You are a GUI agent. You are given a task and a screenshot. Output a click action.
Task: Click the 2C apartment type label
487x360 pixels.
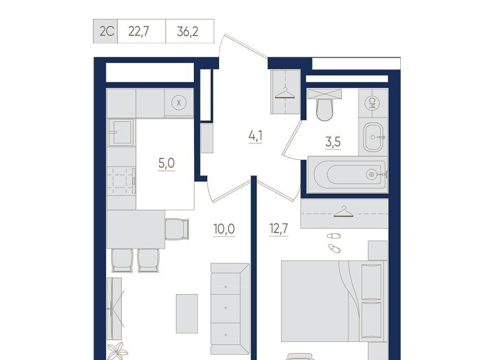[107, 31]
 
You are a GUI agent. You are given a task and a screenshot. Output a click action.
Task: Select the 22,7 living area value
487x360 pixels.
[138, 31]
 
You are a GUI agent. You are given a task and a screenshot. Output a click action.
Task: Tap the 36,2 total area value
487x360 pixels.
[188, 31]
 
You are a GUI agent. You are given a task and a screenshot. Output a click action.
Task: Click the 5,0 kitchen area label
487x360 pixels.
[166, 163]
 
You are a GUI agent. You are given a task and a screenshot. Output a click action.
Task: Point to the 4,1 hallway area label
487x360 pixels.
[255, 136]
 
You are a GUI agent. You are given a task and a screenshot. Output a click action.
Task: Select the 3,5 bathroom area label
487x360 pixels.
[333, 142]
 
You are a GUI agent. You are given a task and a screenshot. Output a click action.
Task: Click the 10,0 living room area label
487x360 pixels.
[224, 229]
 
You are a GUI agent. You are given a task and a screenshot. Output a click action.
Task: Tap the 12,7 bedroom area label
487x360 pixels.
[279, 229]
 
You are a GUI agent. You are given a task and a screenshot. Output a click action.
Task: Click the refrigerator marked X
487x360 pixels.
[179, 103]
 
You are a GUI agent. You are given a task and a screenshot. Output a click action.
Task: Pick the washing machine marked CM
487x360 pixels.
[373, 103]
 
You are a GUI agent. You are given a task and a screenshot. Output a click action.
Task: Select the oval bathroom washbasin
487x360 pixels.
[373, 137]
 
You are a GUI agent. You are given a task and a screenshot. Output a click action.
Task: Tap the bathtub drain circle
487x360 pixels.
[371, 174]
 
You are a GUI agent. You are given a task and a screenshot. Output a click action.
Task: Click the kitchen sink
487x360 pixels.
[121, 132]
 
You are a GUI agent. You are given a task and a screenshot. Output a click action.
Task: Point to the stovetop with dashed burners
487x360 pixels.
[121, 181]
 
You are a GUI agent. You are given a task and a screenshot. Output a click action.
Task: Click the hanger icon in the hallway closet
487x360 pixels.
[285, 93]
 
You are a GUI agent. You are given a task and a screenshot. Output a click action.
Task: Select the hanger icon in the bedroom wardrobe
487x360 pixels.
[343, 212]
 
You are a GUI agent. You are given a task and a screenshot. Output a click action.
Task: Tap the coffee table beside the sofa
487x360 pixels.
[187, 314]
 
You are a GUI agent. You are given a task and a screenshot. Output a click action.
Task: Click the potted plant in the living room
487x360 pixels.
[118, 351]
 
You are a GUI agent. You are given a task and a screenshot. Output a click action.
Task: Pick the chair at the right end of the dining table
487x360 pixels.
[177, 229]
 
